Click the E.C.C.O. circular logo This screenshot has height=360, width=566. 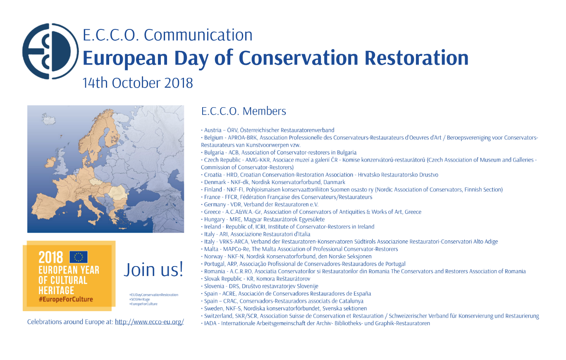click(x=50, y=51)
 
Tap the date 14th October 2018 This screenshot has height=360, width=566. click(x=138, y=83)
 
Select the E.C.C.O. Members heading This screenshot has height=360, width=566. click(x=244, y=111)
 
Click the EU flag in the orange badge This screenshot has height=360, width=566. click(x=79, y=257)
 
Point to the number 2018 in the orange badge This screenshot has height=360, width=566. click(x=50, y=257)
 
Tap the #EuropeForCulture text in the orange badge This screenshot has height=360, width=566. click(x=66, y=299)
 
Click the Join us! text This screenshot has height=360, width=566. click(x=153, y=269)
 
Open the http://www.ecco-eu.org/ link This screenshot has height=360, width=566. click(x=149, y=322)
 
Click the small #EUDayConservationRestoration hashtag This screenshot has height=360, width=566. click(x=154, y=295)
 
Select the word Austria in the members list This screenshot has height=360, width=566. click(x=213, y=130)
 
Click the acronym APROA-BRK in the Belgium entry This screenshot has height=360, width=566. click(x=242, y=138)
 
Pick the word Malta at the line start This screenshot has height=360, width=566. click(x=211, y=249)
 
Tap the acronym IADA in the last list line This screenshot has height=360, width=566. click(x=210, y=323)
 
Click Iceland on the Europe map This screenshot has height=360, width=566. click(x=48, y=119)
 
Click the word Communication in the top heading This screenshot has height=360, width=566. click(x=198, y=35)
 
